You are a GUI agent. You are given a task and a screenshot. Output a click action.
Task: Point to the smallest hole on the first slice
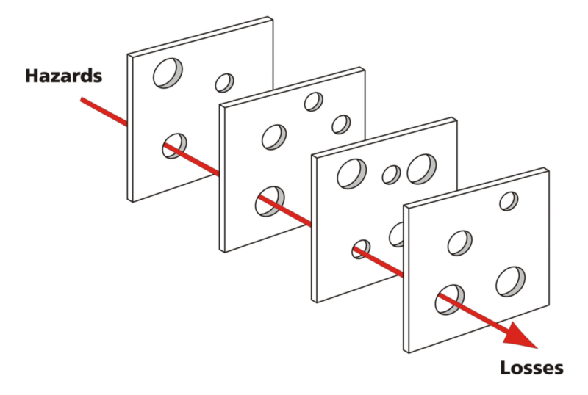[224, 82]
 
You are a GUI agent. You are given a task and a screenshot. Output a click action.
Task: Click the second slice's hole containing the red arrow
[270, 200]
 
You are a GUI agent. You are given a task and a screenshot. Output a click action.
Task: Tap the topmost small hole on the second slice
[314, 101]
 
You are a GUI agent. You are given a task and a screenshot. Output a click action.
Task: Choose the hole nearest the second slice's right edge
[341, 124]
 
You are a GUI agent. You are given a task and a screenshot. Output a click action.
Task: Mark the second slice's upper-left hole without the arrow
[274, 136]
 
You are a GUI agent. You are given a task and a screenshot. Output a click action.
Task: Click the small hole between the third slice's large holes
[392, 175]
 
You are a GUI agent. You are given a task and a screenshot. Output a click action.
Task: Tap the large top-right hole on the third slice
[422, 169]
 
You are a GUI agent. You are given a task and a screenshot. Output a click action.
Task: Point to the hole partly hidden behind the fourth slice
[397, 234]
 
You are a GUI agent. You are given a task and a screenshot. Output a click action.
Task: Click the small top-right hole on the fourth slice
[508, 200]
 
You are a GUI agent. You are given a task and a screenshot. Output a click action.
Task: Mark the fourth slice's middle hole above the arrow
[460, 242]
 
